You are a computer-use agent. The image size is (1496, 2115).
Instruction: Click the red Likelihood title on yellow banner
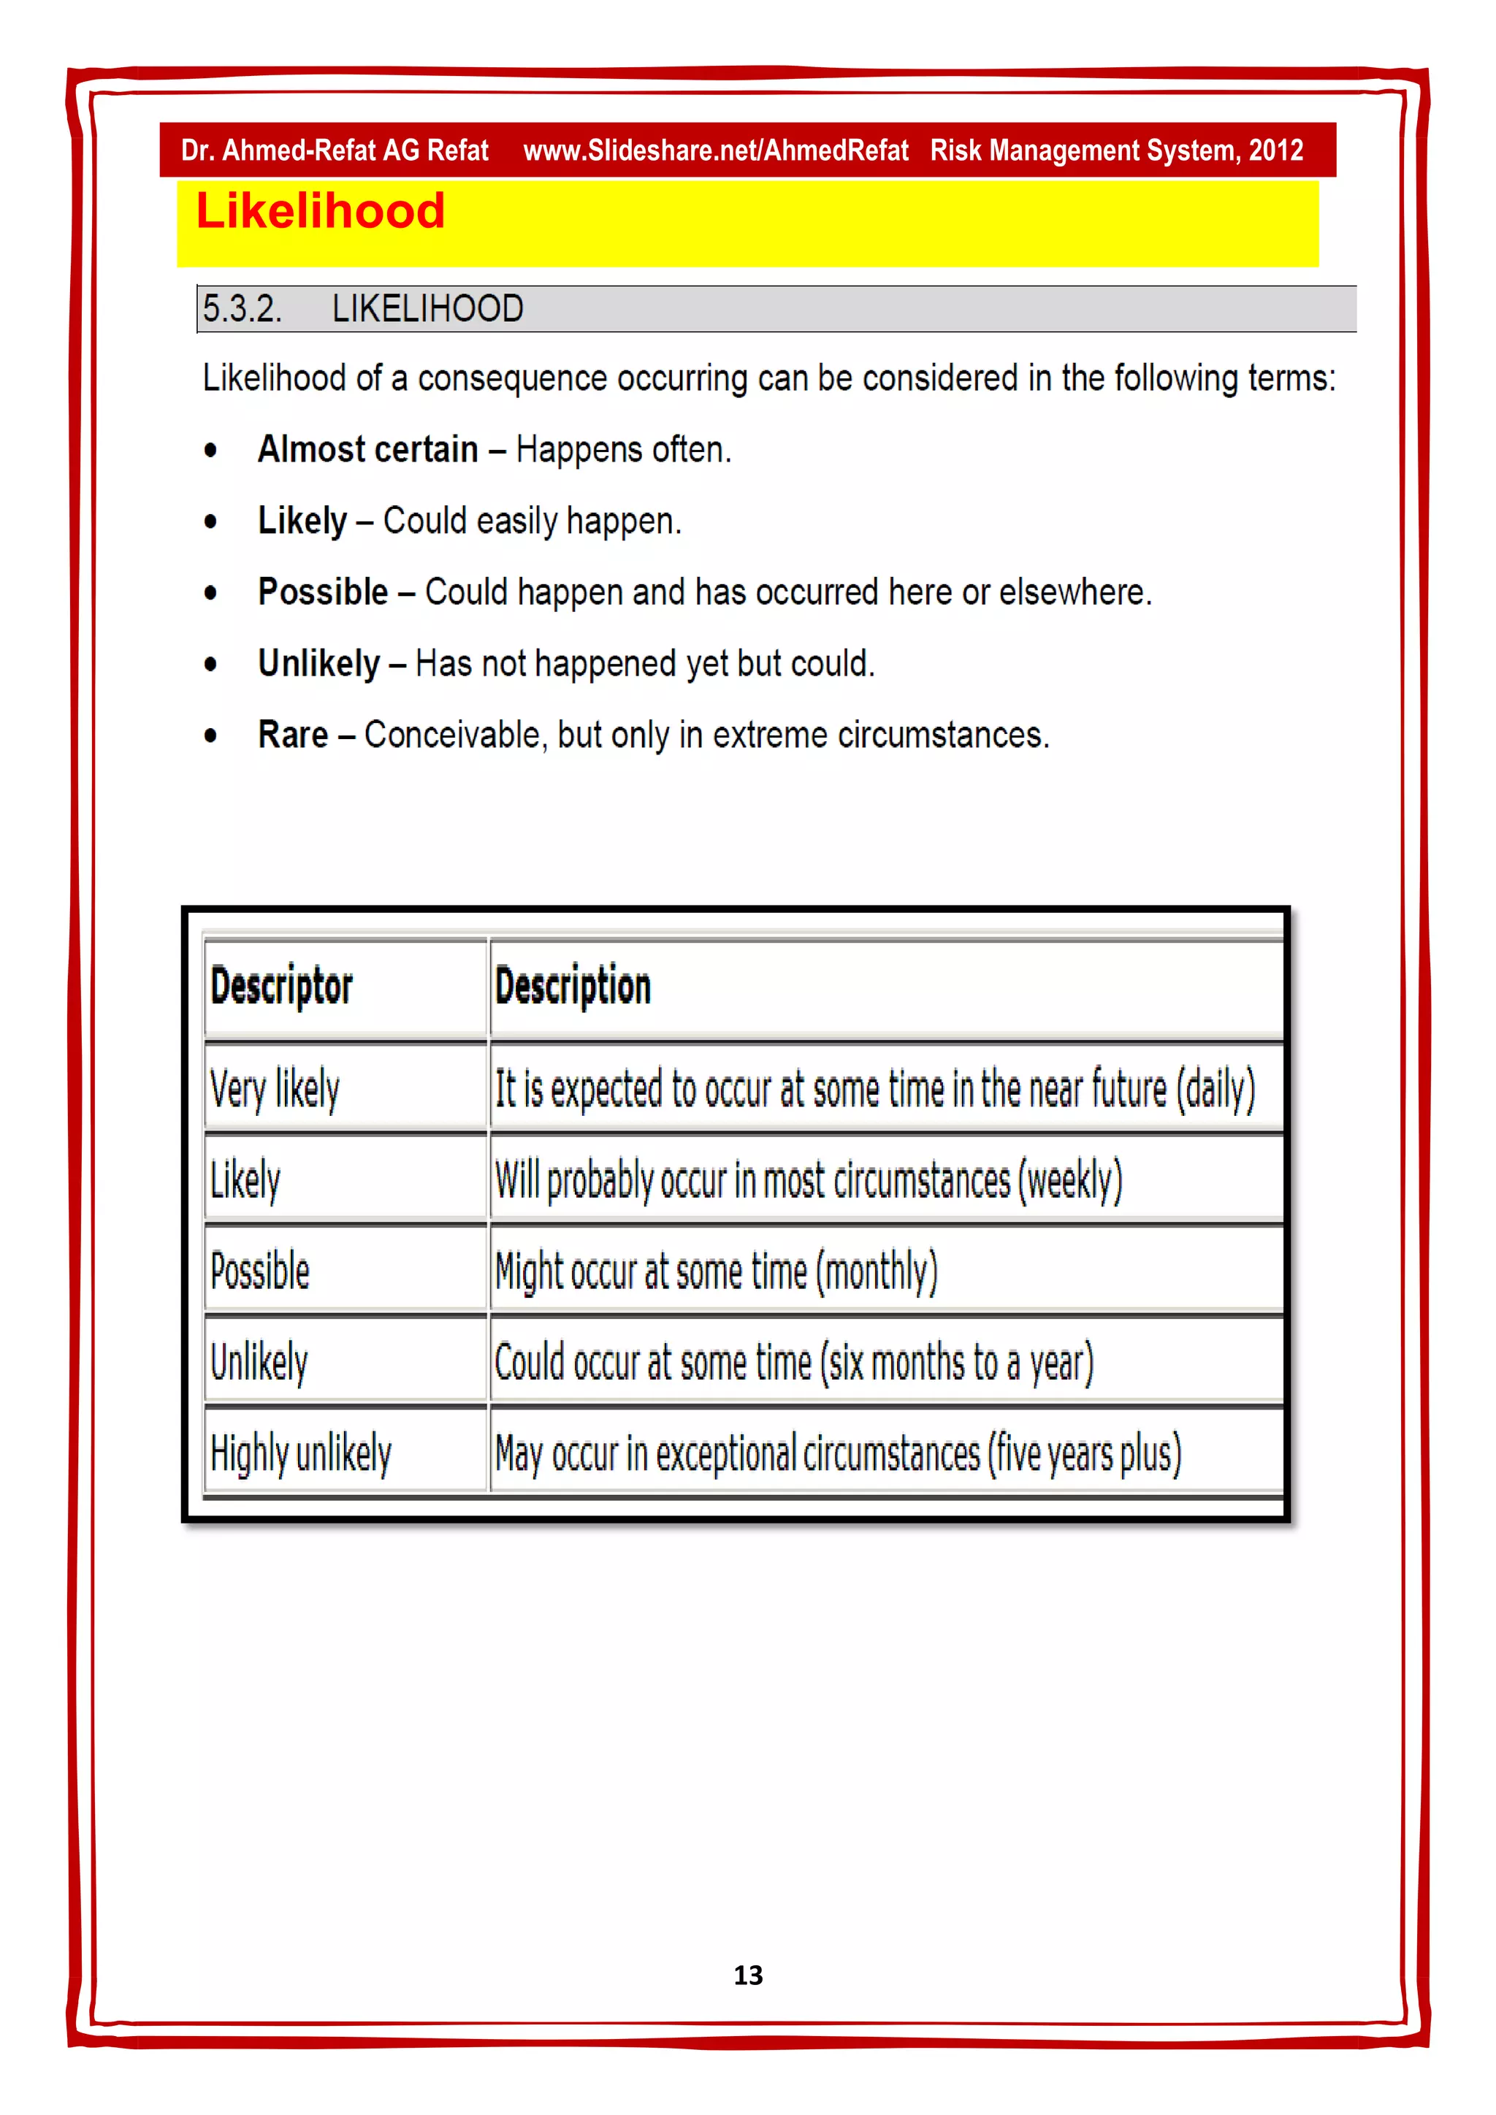[320, 211]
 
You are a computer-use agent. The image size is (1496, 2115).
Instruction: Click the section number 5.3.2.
[241, 309]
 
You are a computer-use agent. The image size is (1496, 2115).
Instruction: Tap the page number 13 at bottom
[748, 1975]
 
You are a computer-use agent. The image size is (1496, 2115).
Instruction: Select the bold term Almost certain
[367, 450]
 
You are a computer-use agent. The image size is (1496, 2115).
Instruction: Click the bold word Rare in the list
[292, 735]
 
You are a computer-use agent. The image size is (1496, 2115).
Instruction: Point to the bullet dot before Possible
[211, 593]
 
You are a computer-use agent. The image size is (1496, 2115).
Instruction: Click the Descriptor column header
[281, 987]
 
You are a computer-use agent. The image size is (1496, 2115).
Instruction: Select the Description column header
[572, 987]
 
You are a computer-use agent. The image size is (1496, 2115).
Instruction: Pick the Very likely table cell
[275, 1089]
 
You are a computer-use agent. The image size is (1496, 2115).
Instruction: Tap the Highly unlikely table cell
[300, 1453]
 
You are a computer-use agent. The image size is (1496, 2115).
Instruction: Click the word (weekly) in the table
[1069, 1180]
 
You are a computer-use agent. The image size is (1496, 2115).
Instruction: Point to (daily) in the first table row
[1214, 1089]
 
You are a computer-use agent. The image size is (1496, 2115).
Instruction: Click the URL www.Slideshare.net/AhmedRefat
[715, 150]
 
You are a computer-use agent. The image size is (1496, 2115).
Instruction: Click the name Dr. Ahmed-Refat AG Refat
[335, 150]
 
